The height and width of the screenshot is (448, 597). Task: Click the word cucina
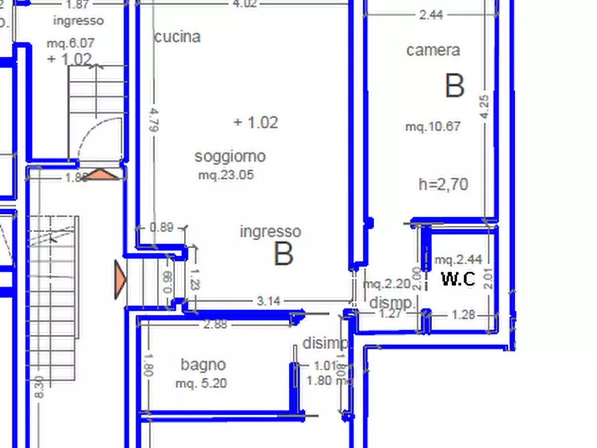click(x=177, y=37)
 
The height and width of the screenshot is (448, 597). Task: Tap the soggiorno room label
click(x=229, y=156)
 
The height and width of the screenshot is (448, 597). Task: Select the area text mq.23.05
click(x=225, y=175)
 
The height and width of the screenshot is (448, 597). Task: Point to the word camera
click(x=433, y=50)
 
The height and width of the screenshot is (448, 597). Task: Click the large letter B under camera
click(x=454, y=86)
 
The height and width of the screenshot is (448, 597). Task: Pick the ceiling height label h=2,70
click(x=443, y=185)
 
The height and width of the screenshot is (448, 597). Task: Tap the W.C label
click(x=457, y=279)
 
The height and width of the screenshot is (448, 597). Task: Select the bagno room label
click(x=203, y=364)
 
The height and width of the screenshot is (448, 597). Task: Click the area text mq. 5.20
click(x=201, y=384)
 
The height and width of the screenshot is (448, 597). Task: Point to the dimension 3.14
click(x=268, y=301)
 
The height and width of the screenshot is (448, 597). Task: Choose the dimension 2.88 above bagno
click(x=215, y=324)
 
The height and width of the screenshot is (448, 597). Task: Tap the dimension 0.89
click(x=161, y=227)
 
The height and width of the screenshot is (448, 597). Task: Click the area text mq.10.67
click(x=433, y=126)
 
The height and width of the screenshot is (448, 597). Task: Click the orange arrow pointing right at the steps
click(x=120, y=279)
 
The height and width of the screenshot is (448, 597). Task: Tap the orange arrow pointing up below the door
click(x=102, y=175)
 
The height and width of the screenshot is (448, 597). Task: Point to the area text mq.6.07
click(x=70, y=43)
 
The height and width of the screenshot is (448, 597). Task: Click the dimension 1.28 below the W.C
click(x=463, y=314)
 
